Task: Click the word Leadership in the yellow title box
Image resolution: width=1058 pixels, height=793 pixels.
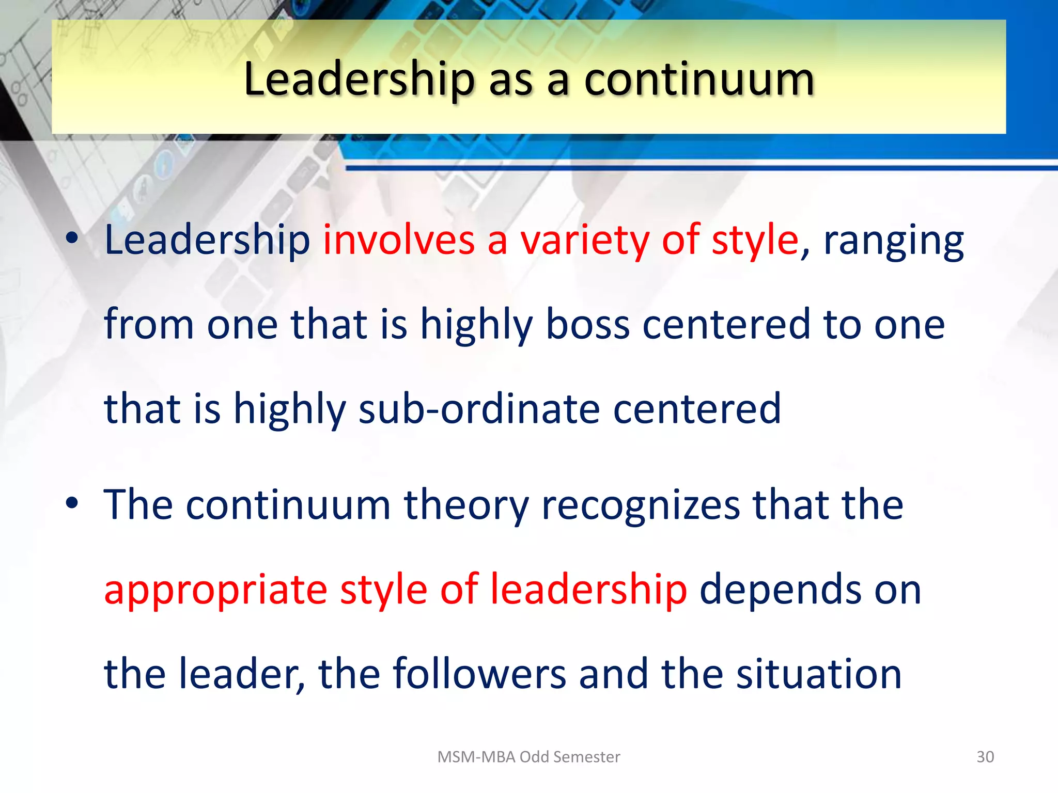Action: click(359, 80)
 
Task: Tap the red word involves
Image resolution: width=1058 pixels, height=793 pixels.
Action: click(399, 240)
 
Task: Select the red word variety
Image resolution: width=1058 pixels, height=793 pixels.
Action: click(584, 240)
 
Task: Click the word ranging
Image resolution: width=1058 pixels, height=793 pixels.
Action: click(893, 241)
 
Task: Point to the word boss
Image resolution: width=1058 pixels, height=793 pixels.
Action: click(587, 325)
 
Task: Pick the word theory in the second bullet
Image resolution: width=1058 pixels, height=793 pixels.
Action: click(466, 505)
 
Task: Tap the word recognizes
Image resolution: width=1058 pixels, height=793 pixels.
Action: click(641, 505)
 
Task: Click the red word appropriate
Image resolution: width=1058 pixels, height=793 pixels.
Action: click(215, 590)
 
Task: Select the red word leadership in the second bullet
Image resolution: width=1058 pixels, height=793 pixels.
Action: click(588, 589)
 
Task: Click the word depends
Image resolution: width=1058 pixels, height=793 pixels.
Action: click(780, 589)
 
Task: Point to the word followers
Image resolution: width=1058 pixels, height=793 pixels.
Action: click(479, 674)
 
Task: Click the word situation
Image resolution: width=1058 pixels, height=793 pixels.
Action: click(818, 674)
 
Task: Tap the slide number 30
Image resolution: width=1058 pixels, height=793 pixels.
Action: click(985, 757)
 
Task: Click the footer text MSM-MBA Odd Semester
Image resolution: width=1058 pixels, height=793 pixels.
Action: click(528, 757)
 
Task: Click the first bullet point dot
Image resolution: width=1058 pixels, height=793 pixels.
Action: click(72, 239)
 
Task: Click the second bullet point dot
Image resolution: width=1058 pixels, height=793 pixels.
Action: click(72, 503)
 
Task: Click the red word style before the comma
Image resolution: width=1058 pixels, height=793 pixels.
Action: click(755, 240)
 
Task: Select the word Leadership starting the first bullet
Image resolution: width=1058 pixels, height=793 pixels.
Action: click(207, 240)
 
